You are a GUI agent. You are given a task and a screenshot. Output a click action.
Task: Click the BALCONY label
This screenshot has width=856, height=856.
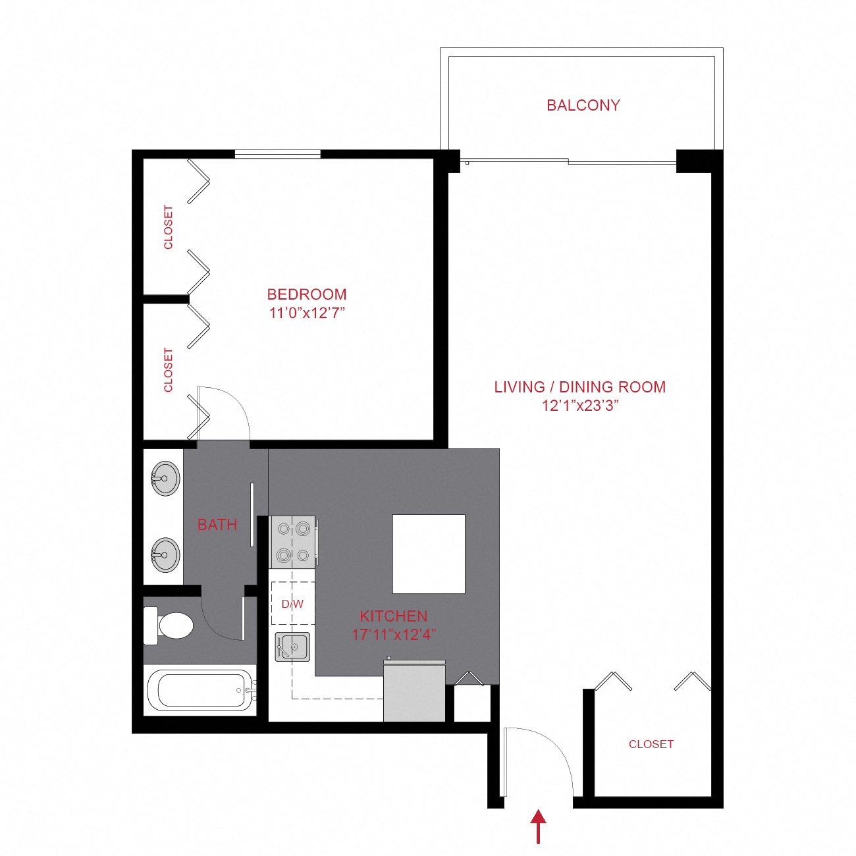(x=583, y=105)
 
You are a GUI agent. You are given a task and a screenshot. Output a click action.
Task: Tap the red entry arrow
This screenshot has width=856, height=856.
(x=539, y=826)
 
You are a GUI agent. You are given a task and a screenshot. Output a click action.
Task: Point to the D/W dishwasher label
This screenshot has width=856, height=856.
(x=292, y=604)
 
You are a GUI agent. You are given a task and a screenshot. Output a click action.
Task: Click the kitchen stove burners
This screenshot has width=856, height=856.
(x=293, y=542)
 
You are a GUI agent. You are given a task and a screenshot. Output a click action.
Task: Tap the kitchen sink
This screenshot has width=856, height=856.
(x=293, y=647)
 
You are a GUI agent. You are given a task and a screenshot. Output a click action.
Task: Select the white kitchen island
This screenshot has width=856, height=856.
(x=429, y=554)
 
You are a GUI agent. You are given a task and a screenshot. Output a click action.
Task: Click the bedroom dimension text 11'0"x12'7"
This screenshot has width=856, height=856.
(x=307, y=313)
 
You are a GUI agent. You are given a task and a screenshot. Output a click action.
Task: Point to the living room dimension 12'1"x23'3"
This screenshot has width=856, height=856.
(x=580, y=406)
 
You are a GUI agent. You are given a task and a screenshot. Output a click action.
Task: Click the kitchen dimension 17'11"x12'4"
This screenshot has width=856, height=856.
(x=394, y=635)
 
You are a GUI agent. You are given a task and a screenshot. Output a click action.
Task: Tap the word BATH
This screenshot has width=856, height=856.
(x=217, y=525)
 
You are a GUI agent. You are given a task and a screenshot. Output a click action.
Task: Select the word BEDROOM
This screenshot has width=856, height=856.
(x=307, y=294)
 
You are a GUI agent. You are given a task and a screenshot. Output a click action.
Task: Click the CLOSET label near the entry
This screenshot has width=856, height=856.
(x=651, y=744)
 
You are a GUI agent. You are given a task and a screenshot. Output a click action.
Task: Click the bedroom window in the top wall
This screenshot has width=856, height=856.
(x=277, y=154)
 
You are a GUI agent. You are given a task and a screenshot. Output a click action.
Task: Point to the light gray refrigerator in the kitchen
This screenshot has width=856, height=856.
(x=414, y=691)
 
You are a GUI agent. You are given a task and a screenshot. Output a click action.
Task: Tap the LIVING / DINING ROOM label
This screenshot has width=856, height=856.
(x=580, y=387)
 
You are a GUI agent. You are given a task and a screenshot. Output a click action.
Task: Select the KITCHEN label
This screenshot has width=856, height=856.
(x=394, y=616)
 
